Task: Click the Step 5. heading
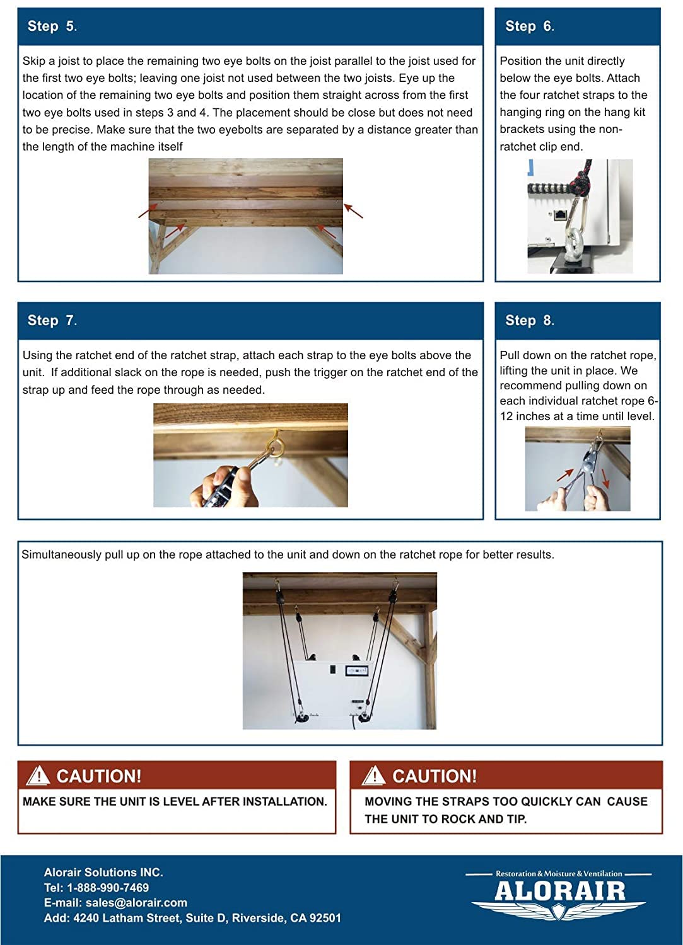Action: (52, 26)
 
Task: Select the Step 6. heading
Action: (529, 26)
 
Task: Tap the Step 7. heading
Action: (52, 321)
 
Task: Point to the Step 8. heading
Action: (529, 321)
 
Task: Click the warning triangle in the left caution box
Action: (38, 776)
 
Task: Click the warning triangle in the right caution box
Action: (374, 776)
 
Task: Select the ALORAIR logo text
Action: (559, 891)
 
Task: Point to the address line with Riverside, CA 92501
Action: (192, 918)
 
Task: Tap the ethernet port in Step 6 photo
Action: (560, 214)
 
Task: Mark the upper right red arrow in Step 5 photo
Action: (353, 211)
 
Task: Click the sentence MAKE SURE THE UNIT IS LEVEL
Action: (175, 802)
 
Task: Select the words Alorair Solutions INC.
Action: (103, 873)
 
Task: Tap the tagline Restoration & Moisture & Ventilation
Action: (559, 874)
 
